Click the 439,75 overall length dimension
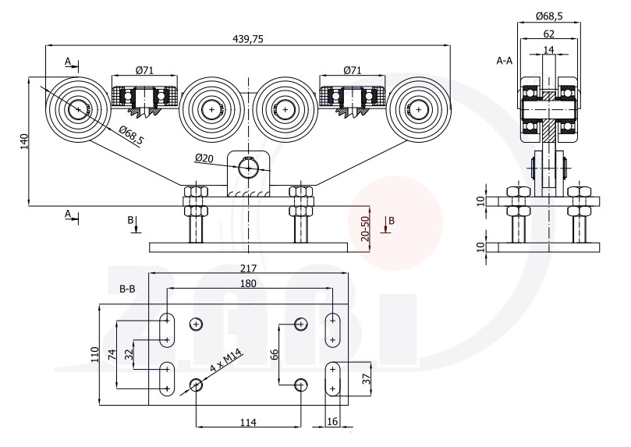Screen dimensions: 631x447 [248, 39]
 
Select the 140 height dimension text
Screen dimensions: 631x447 [24, 141]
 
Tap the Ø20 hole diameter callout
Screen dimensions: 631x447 [204, 158]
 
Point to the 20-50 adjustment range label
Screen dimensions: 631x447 [365, 229]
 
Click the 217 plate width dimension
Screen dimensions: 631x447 [248, 268]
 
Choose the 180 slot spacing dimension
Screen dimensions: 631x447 [248, 283]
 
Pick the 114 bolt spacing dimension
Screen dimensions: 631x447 [248, 422]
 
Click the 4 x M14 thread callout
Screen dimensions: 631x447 [225, 360]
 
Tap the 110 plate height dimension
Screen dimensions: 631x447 [94, 354]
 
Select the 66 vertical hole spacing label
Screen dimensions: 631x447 [274, 354]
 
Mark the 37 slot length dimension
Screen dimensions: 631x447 [367, 378]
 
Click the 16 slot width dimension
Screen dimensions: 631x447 [332, 421]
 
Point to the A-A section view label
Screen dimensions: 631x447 [504, 61]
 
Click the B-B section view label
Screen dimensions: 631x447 [128, 289]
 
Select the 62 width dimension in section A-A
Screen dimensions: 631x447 [548, 34]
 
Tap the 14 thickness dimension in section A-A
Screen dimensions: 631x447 [548, 49]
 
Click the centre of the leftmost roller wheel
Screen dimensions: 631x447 [78, 109]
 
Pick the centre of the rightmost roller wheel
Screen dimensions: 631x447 [419, 109]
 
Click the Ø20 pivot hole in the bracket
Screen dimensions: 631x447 [248, 169]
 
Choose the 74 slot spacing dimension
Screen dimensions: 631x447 [112, 354]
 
